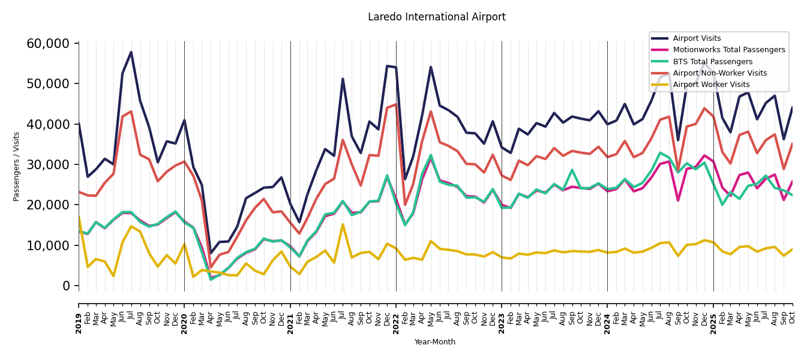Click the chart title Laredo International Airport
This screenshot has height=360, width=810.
click(x=436, y=17)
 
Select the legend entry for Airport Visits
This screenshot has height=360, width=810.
click(x=697, y=38)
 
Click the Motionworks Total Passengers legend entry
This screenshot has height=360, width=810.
click(x=728, y=50)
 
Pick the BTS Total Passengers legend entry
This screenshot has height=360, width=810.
click(x=712, y=62)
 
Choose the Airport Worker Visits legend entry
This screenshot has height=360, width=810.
click(x=711, y=85)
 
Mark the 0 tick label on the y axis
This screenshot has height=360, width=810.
click(x=67, y=286)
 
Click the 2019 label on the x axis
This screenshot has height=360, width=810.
click(x=79, y=316)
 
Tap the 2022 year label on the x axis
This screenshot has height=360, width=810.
click(x=396, y=316)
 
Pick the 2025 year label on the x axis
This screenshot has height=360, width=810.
click(x=713, y=316)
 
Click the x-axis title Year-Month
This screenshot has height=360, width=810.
click(x=435, y=342)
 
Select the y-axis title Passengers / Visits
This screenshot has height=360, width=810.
click(x=17, y=166)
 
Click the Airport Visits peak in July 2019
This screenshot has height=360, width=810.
click(x=131, y=52)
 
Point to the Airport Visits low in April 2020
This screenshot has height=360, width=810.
click(x=211, y=253)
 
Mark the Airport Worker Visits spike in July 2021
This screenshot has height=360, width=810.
click(x=343, y=224)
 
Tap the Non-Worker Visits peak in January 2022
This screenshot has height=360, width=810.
click(x=396, y=104)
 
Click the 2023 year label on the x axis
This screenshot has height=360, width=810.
click(x=502, y=316)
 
